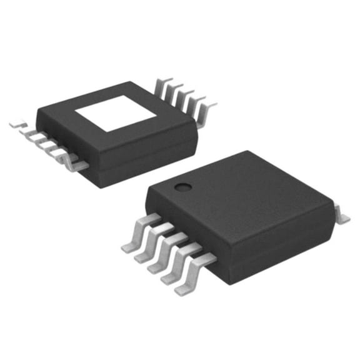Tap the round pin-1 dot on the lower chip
(182, 186)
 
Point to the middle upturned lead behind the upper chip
(183, 97)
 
